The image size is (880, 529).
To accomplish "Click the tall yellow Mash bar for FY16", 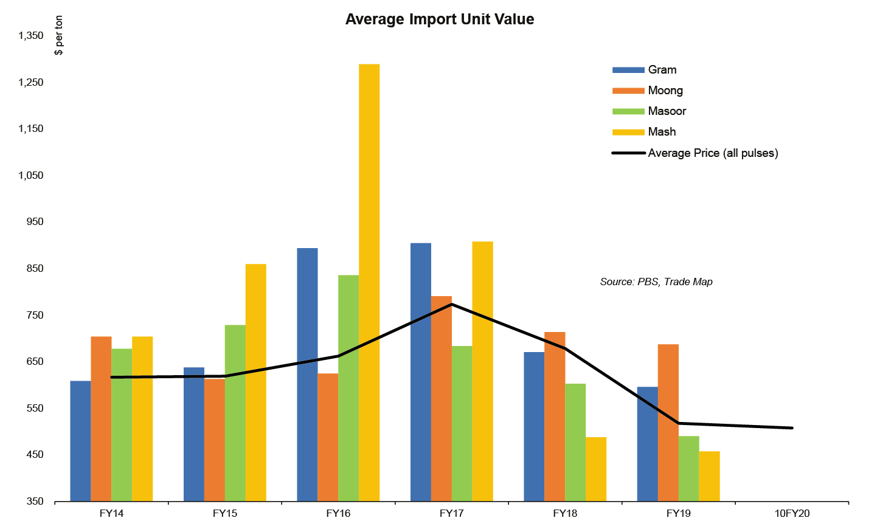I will (x=369, y=283).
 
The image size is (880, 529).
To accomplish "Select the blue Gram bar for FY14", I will (x=80, y=441).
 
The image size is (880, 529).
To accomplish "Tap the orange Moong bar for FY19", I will (x=668, y=423).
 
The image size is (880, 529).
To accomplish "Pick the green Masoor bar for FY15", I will (x=235, y=413).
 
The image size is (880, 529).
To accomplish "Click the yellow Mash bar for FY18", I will (x=596, y=469).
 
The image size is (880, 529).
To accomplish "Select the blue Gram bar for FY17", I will (x=421, y=372).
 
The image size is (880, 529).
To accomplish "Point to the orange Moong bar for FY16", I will (x=328, y=437).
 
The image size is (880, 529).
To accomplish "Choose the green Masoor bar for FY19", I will (x=688, y=469).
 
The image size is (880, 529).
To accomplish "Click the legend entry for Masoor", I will (x=667, y=111).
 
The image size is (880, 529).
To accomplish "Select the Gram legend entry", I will (x=662, y=70).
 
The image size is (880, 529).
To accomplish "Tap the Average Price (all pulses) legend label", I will (x=713, y=153).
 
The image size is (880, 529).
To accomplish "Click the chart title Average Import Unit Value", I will (x=440, y=19).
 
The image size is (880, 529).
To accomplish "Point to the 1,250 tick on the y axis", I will (x=31, y=82).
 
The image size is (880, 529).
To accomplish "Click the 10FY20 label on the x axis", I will (x=792, y=513).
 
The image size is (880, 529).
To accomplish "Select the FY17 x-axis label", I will (x=451, y=513).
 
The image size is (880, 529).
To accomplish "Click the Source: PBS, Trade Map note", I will (x=656, y=282).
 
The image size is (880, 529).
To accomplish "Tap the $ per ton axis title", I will (x=59, y=35).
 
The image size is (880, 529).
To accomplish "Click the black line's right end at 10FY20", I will (x=792, y=428).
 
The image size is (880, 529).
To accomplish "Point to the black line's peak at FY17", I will (x=451, y=304).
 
